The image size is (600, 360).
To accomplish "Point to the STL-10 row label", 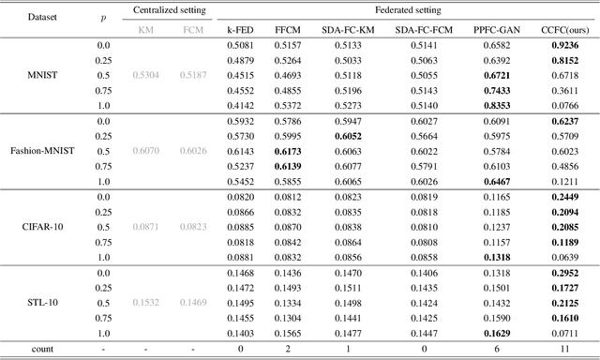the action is pos(38,302).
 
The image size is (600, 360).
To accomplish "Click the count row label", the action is pos(38,348).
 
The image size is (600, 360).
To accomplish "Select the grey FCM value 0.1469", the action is pos(192,302).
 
